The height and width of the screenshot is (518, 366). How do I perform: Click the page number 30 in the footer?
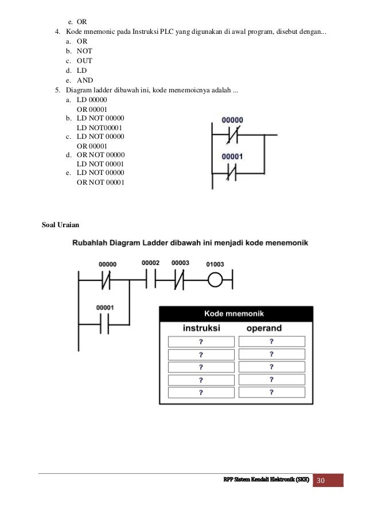click(328, 480)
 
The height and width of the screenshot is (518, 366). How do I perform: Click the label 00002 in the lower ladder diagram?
click(150, 263)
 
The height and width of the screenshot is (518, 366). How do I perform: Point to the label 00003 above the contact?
click(180, 263)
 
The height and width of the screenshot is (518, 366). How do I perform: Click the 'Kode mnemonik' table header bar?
click(235, 314)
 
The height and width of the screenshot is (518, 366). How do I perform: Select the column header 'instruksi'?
click(200, 328)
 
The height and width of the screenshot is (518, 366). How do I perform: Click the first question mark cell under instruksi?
click(200, 341)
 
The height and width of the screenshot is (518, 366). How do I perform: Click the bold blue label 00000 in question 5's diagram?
click(232, 120)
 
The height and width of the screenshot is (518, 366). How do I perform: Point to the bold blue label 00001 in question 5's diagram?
click(232, 155)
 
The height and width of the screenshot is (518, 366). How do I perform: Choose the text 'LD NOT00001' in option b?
click(99, 127)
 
